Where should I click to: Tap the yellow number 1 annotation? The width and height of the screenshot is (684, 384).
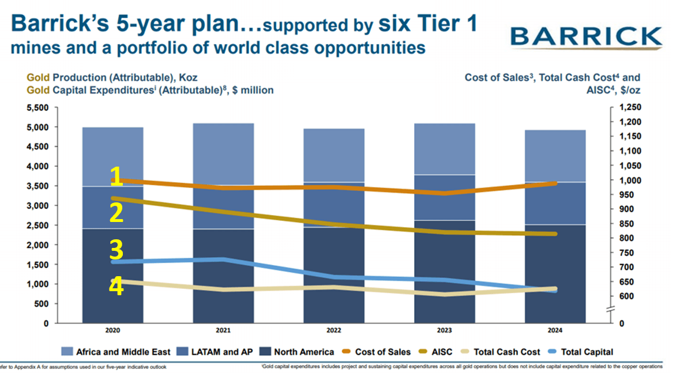116,177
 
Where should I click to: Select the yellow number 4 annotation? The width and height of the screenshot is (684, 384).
116,287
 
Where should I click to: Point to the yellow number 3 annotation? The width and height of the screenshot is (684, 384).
116,250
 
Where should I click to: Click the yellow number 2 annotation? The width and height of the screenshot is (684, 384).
116,213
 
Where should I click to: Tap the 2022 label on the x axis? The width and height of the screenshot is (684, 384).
334,331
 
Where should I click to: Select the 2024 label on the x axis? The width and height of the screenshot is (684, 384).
555,331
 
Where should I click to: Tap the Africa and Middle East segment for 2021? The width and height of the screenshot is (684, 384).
223,153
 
